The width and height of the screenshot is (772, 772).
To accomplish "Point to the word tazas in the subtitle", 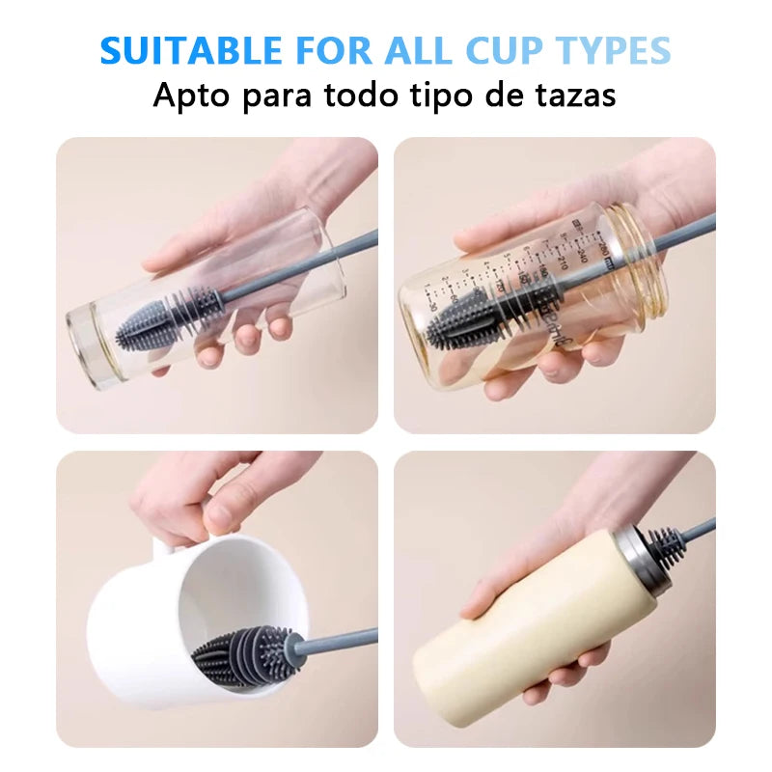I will (574, 96).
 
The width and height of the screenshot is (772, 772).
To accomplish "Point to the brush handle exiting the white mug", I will (338, 641).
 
